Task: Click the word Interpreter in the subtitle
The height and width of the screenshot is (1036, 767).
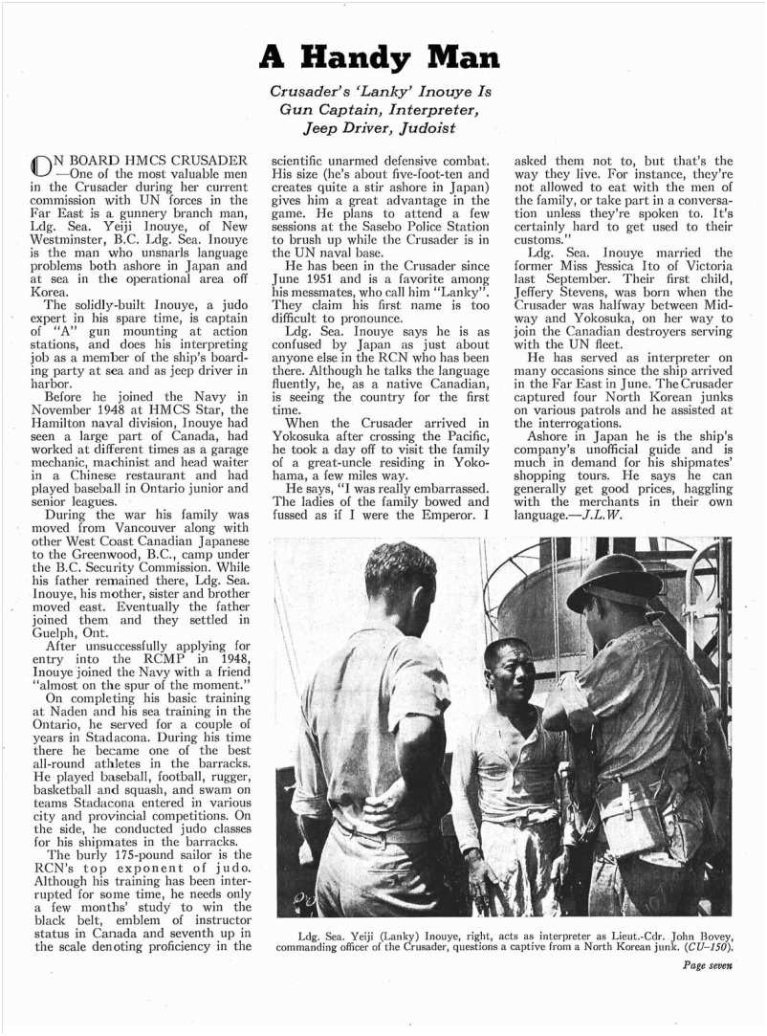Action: point(436,108)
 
